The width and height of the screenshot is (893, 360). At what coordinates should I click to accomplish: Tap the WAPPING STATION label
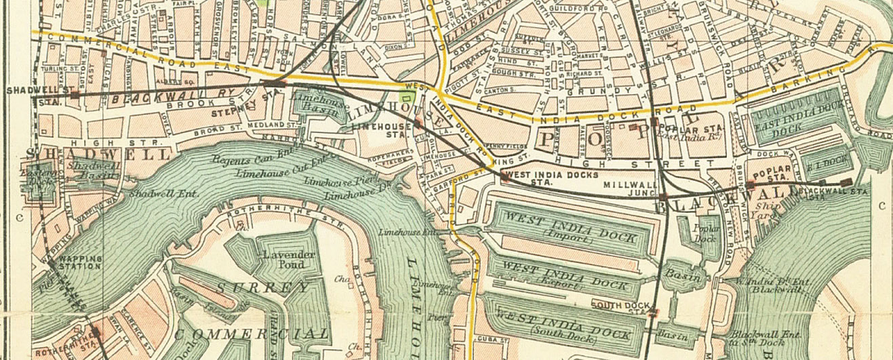(x=79, y=262)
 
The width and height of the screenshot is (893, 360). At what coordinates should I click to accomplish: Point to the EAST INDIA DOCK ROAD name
(x=597, y=109)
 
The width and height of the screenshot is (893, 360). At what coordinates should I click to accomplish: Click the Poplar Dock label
(x=707, y=233)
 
